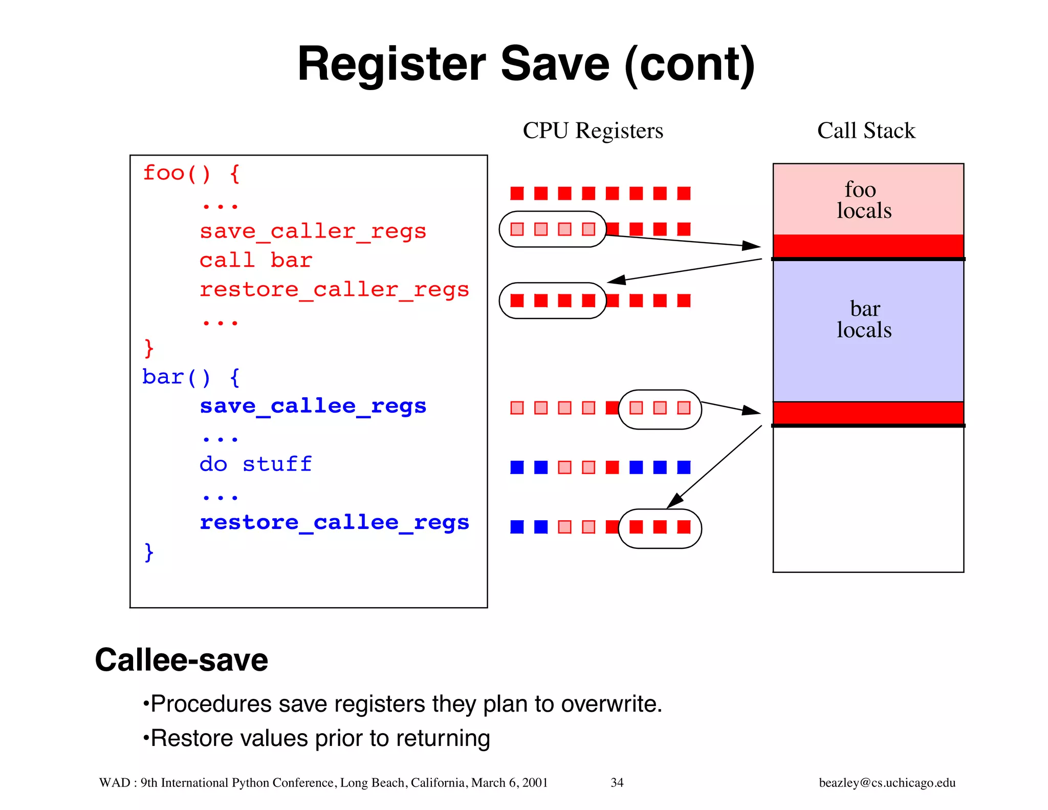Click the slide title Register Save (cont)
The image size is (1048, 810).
coord(526,64)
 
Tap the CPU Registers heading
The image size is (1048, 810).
coord(593,131)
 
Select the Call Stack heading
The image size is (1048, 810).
coord(866,131)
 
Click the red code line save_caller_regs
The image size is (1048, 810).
coord(313,231)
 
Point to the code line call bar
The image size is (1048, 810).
coord(255,261)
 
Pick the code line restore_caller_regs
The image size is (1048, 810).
coord(334,290)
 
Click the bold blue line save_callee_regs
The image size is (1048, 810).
coord(313,406)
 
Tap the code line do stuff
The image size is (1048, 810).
coord(255,464)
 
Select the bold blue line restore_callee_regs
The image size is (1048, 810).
coord(334,523)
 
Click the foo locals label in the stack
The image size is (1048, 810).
coord(864,200)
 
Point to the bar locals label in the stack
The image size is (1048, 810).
coord(864,319)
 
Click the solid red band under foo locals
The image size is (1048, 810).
coord(868,246)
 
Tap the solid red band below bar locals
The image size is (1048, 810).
coord(868,413)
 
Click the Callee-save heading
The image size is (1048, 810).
coord(181,660)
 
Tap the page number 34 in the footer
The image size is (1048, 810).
coord(617,782)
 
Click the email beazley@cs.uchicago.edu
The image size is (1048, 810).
coord(887,782)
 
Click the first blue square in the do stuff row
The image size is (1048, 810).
coord(517,467)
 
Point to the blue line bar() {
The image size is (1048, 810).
coord(191,377)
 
